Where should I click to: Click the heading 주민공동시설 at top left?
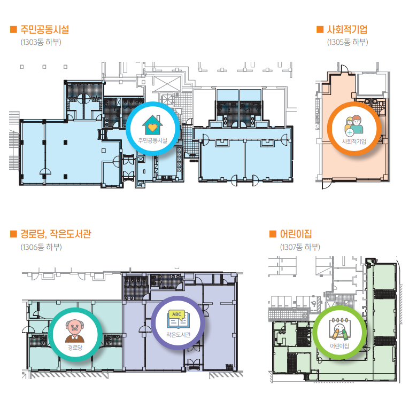pos(44,29)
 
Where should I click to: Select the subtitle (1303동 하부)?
pos(41,42)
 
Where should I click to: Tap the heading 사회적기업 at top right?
pos(347,29)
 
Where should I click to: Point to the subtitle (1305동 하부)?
pos(348,42)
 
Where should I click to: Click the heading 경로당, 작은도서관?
pos(56,234)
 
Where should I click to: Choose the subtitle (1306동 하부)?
pos(41,247)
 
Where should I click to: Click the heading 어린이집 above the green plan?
pos(296,234)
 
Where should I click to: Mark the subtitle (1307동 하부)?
pos(300,247)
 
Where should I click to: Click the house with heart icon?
pos(152,125)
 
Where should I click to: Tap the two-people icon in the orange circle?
pos(354,126)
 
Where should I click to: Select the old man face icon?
pos(75,331)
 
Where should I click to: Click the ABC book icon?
pos(178,319)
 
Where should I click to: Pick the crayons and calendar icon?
pos(339,329)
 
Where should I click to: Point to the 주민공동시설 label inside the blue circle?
pos(152,141)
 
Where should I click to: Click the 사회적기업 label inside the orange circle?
pos(354,141)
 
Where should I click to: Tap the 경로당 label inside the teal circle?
pos(75,348)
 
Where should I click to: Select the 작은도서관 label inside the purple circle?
pos(179,335)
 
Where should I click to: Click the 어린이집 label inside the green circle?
pos(339,346)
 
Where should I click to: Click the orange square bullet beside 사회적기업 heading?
pos(320,29)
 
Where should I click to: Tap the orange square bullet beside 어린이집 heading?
pos(273,234)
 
